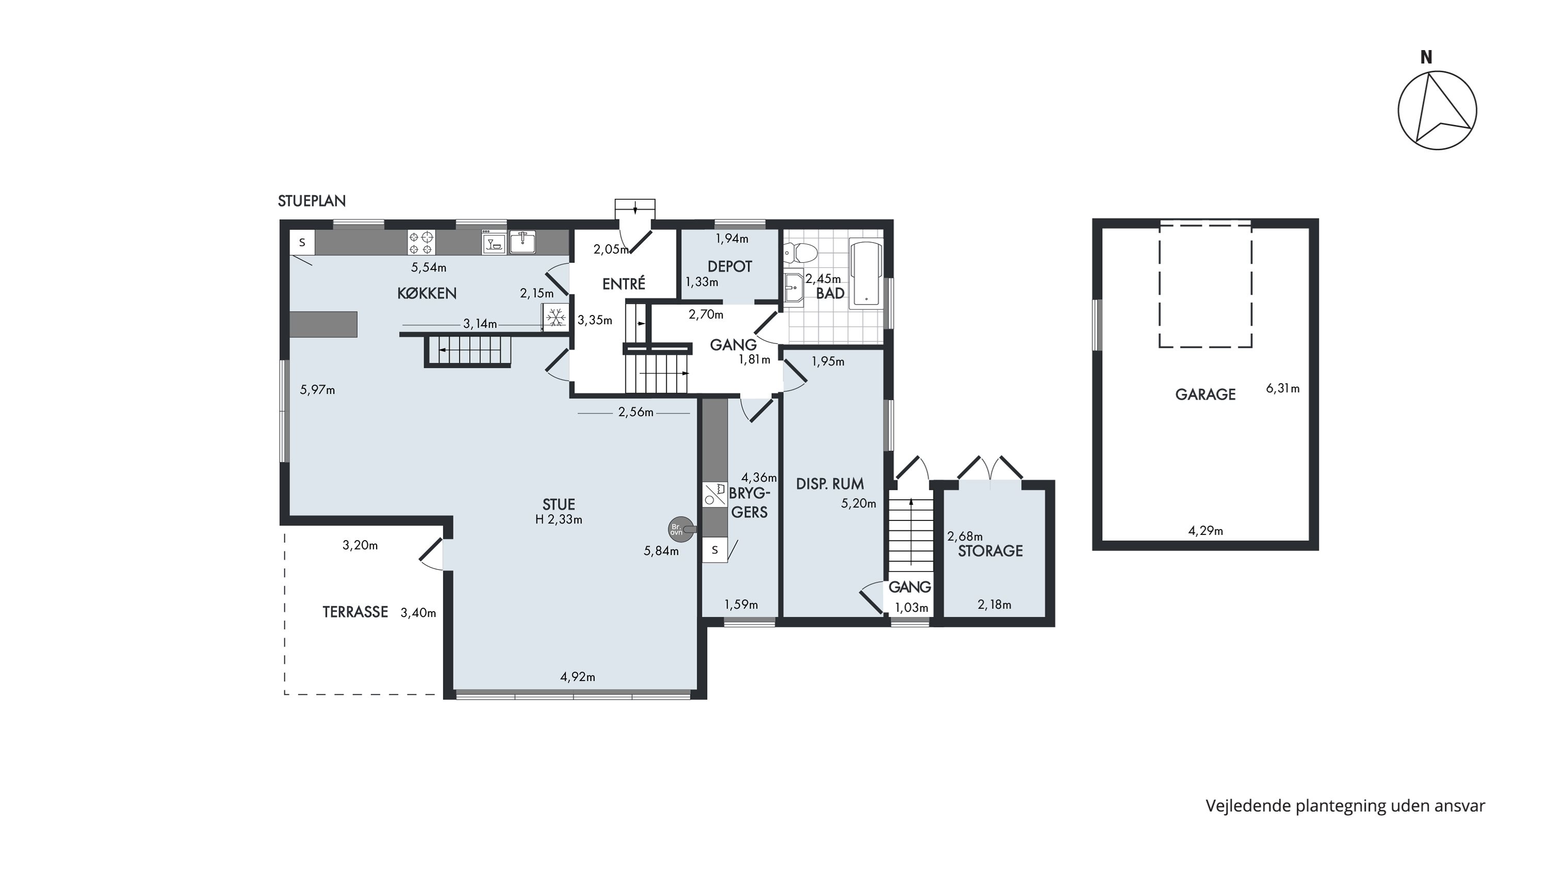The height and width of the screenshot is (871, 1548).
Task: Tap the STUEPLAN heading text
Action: pyautogui.click(x=312, y=201)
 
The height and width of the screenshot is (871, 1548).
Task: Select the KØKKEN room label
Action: pyautogui.click(x=427, y=293)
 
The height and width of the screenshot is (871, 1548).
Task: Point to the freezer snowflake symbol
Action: pyautogui.click(x=555, y=317)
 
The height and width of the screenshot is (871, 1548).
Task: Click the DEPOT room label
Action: pyautogui.click(x=730, y=266)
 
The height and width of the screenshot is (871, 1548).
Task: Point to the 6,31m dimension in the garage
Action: pyautogui.click(x=1282, y=388)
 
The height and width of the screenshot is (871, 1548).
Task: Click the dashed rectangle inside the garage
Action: pyautogui.click(x=1205, y=284)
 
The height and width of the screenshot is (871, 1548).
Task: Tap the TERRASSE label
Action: pyautogui.click(x=355, y=612)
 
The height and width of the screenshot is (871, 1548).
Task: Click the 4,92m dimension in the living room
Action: pyautogui.click(x=577, y=677)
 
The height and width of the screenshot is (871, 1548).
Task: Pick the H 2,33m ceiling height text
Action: pyautogui.click(x=558, y=520)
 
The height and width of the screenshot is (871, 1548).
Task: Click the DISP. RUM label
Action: pyautogui.click(x=830, y=483)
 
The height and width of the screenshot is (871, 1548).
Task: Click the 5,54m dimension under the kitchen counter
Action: pyautogui.click(x=428, y=267)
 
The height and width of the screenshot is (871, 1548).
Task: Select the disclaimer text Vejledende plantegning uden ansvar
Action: pyautogui.click(x=1345, y=806)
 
